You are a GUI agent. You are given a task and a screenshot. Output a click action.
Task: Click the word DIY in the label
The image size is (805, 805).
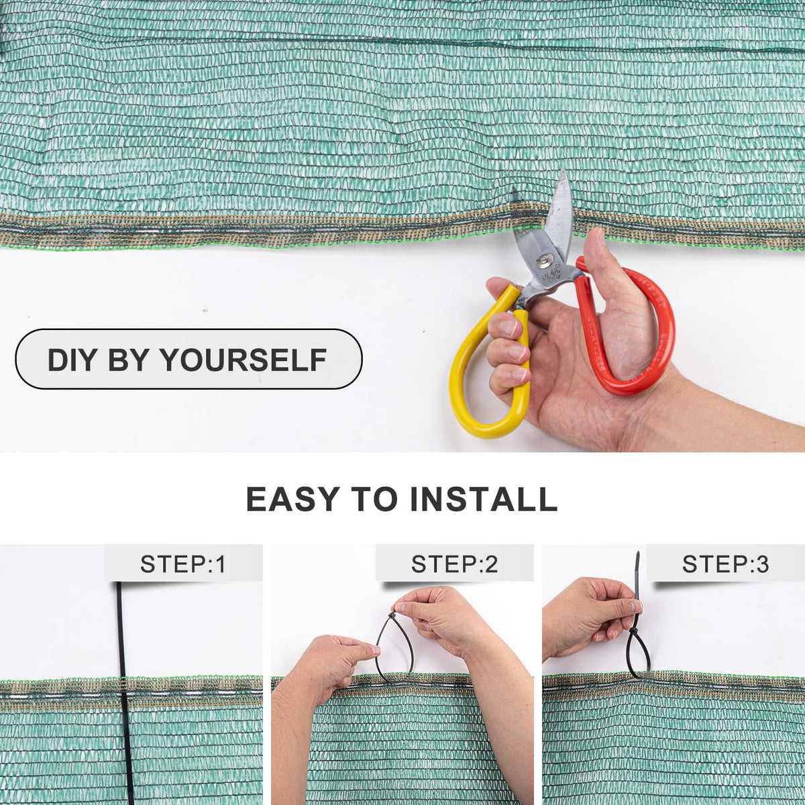point(70,360)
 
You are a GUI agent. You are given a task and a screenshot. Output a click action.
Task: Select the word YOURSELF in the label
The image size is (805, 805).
point(244,360)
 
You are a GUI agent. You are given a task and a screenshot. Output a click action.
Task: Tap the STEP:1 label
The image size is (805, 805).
point(183,564)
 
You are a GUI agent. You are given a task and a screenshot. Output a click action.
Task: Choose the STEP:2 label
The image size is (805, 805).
point(455,564)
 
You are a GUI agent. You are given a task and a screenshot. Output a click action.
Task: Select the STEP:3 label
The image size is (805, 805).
point(726,564)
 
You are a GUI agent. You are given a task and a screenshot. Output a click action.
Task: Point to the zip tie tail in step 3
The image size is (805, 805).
point(637,576)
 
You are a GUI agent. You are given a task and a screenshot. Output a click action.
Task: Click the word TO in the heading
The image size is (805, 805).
point(374,498)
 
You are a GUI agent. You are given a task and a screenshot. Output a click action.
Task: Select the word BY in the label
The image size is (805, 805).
point(127,360)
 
